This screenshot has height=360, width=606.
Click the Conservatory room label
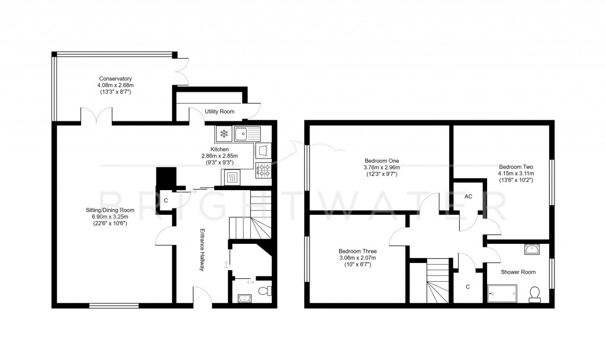click(x=115, y=79)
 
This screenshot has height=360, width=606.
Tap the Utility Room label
click(x=220, y=111)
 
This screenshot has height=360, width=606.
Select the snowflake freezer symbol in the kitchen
click(x=224, y=133)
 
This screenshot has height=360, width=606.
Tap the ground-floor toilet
click(x=267, y=291)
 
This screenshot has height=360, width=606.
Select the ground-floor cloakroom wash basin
click(x=244, y=298)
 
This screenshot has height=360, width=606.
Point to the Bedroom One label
click(x=382, y=160)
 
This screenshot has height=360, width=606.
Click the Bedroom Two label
click(x=516, y=166)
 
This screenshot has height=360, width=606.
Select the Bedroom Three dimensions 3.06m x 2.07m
click(x=357, y=258)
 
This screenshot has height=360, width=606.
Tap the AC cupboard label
click(x=468, y=196)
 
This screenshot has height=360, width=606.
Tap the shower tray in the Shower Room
click(x=501, y=292)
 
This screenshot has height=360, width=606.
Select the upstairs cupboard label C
click(x=468, y=287)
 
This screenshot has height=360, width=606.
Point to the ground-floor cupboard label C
click(x=166, y=201)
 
